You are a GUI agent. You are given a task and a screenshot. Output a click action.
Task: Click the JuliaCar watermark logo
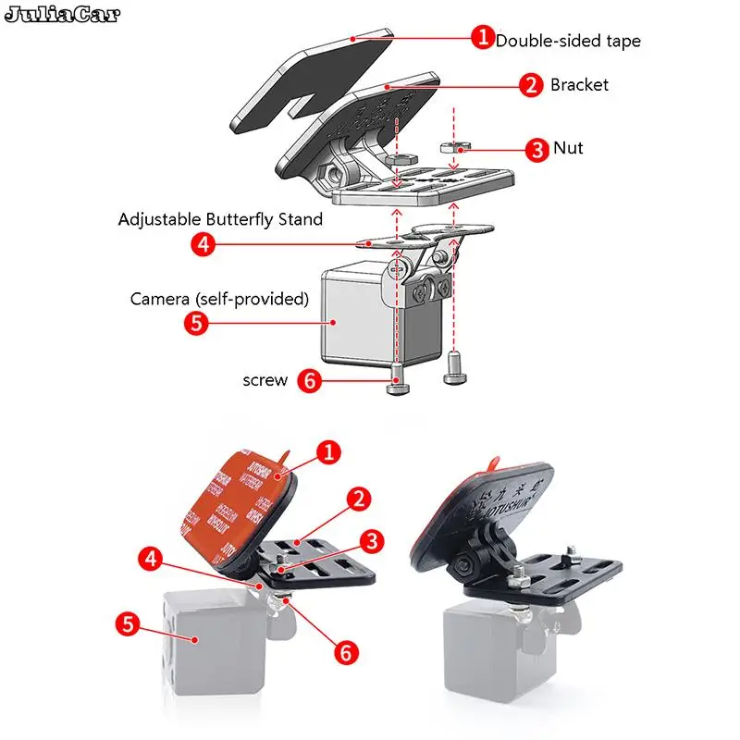click(x=61, y=15)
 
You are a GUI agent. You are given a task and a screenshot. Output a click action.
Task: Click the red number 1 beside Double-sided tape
click(x=482, y=38)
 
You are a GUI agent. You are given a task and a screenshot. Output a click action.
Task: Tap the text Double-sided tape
click(x=567, y=41)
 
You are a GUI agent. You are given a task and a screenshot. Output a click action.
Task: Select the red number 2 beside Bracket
click(x=530, y=85)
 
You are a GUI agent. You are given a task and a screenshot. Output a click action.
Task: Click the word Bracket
click(x=579, y=85)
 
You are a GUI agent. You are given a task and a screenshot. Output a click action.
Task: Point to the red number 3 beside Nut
click(x=536, y=148)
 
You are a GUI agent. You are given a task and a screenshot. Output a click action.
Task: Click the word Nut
click(x=568, y=148)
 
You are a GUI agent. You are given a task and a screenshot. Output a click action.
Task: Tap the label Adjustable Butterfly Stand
click(x=220, y=220)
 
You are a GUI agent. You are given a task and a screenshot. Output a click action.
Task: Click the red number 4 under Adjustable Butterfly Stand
click(x=203, y=245)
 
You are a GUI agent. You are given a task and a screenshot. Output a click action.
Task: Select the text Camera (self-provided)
click(x=218, y=299)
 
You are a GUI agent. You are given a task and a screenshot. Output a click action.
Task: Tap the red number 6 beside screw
click(x=311, y=380)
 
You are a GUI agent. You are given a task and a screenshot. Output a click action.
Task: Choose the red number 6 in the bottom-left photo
click(x=345, y=652)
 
